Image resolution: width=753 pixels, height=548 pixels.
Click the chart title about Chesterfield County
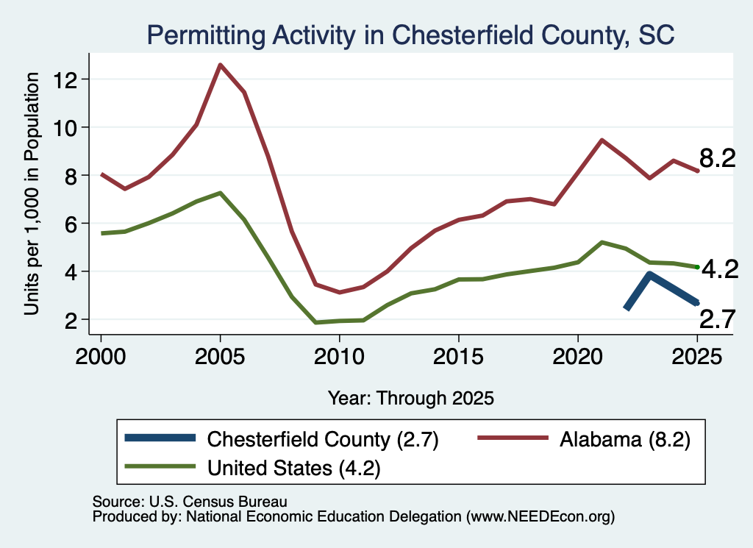coord(410,35)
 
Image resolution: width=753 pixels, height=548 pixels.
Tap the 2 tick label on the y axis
coord(71,321)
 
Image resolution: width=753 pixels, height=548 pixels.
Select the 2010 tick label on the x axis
coord(339,357)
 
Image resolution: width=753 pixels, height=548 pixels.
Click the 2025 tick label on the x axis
coord(697,357)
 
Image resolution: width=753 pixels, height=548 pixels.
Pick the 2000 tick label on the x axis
coord(100,357)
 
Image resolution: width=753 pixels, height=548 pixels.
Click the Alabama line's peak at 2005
coord(220,64)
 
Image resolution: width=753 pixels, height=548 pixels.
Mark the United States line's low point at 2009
coord(315,322)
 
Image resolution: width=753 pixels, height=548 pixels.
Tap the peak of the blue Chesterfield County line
coord(650,274)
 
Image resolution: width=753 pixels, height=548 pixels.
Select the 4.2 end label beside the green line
coord(720,269)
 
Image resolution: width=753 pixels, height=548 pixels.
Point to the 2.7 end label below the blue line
coord(718,319)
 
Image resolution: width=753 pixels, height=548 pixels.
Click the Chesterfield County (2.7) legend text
coord(323,439)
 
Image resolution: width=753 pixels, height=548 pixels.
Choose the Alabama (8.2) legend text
coord(625,439)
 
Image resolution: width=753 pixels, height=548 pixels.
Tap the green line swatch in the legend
coord(160,466)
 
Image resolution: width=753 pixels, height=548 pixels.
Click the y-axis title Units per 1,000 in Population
coord(32,193)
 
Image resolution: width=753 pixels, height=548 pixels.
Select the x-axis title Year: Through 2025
coord(410,398)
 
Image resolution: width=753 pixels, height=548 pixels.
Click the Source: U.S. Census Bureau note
coord(190,502)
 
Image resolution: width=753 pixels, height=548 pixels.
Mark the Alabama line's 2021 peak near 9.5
coord(602,140)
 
